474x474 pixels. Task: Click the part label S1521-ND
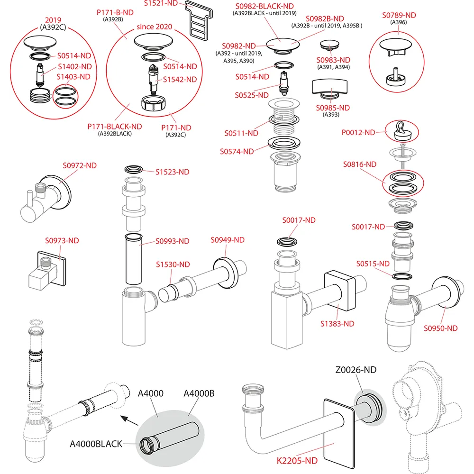[161, 3]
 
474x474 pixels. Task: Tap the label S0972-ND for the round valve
[80, 165]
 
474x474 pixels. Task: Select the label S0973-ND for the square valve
[62, 240]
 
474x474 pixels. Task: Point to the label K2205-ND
[297, 460]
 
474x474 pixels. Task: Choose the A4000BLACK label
[96, 444]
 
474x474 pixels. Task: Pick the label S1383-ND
[337, 324]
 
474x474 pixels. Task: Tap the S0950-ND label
[441, 328]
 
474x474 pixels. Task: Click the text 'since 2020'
[155, 27]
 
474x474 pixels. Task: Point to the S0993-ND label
[173, 241]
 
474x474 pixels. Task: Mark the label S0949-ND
[228, 240]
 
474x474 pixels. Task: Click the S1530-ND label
[173, 264]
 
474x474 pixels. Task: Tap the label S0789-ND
[399, 15]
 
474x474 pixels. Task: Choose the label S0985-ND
[333, 108]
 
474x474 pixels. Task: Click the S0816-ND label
[360, 164]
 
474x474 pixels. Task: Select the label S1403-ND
[74, 77]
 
